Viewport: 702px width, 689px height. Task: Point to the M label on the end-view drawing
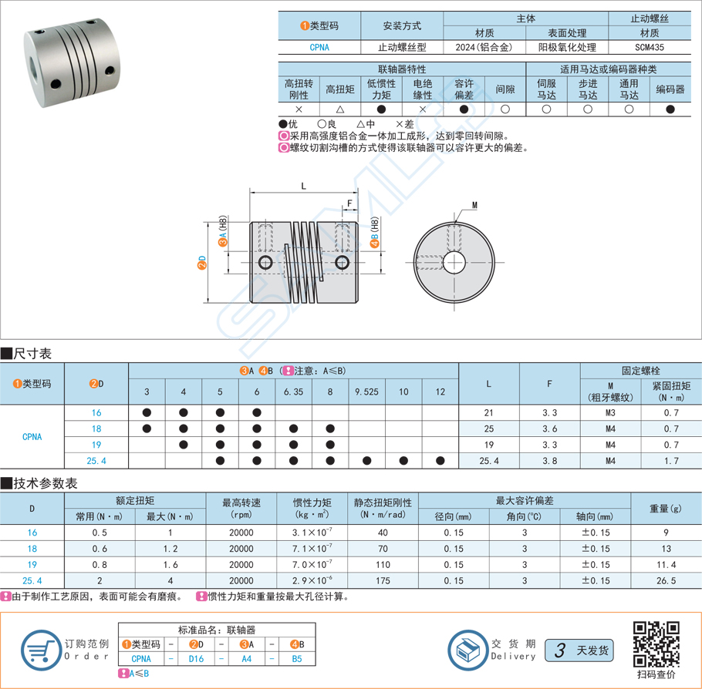[474, 205]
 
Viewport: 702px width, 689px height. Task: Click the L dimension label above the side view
[303, 186]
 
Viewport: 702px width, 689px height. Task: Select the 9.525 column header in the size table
[366, 392]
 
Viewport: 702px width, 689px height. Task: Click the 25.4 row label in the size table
[96, 461]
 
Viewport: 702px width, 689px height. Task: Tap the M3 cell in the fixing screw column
[610, 413]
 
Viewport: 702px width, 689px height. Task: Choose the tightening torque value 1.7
[671, 461]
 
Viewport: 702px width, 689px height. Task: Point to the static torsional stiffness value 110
[382, 565]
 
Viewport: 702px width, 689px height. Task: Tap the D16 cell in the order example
[197, 659]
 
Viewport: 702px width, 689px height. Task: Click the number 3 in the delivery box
[559, 650]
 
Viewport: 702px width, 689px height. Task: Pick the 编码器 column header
[670, 89]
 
